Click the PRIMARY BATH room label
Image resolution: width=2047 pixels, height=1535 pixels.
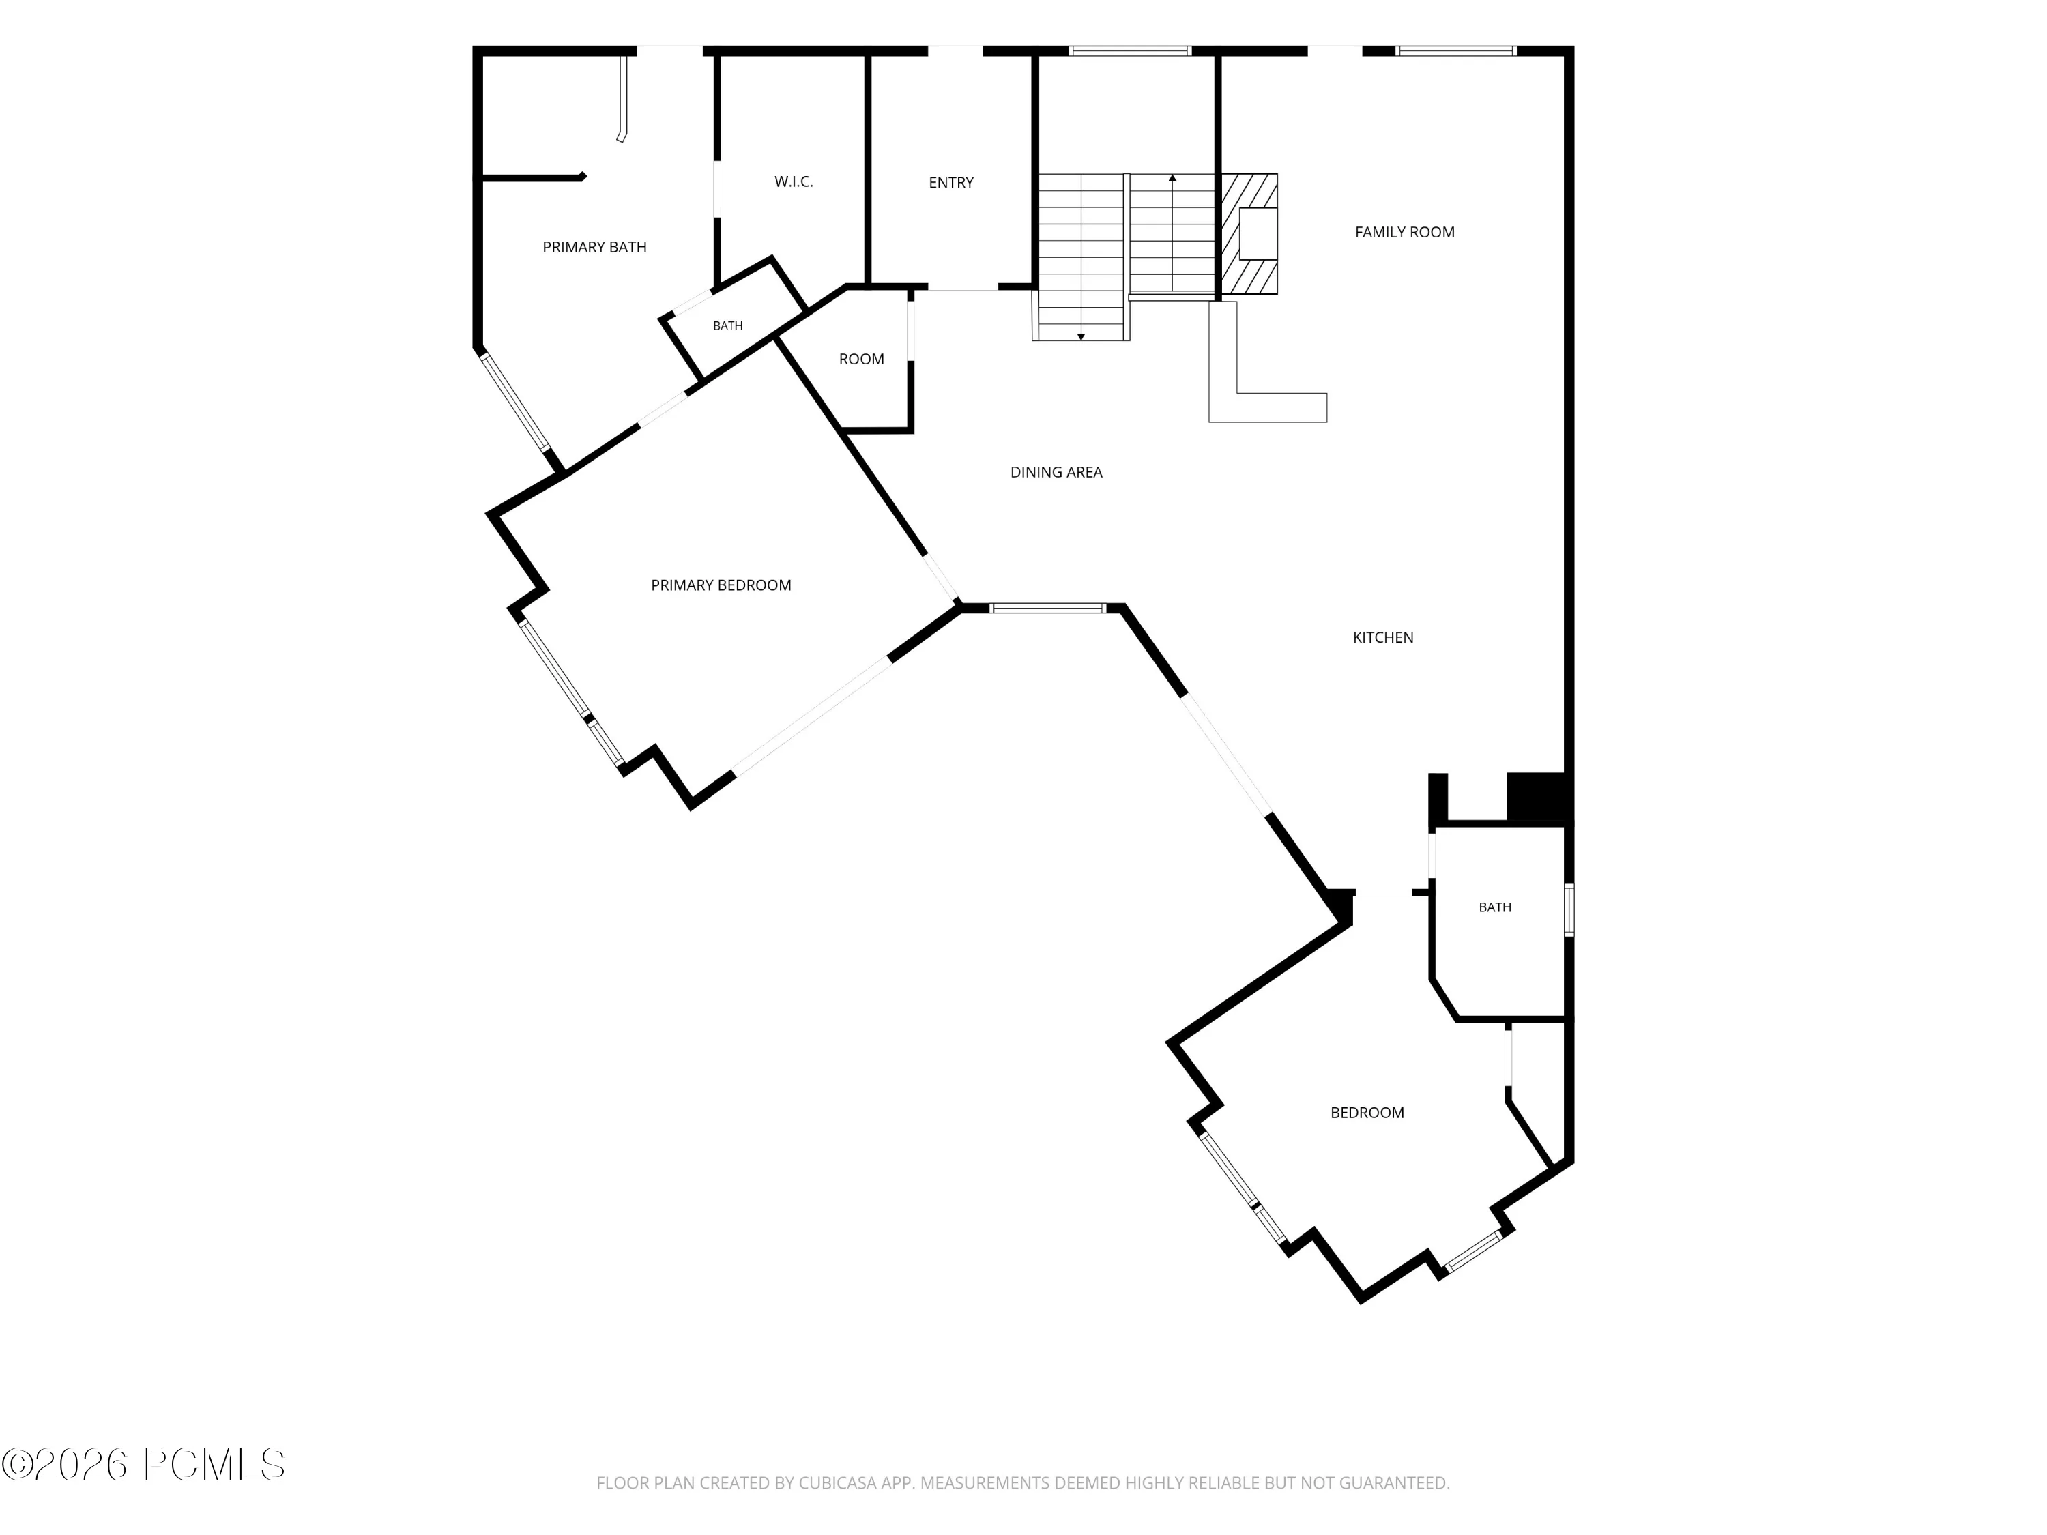[x=594, y=247]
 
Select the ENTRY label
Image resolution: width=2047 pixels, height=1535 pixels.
[x=951, y=182]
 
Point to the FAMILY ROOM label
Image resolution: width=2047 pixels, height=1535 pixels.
[x=1405, y=232]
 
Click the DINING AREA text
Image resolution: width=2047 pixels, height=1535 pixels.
[x=1056, y=472]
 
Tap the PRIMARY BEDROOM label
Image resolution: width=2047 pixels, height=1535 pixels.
[x=721, y=585]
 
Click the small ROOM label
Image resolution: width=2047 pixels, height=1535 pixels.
[x=862, y=359]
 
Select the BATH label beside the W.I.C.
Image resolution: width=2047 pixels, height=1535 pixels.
[x=727, y=325]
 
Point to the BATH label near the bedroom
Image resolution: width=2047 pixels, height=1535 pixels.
[x=1494, y=907]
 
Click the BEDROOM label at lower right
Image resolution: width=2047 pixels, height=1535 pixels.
[x=1367, y=1113]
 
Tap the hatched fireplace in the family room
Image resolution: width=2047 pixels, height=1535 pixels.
[x=1249, y=233]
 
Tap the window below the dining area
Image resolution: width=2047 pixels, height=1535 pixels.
[x=1047, y=608]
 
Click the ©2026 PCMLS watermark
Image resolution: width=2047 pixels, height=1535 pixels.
[x=143, y=1465]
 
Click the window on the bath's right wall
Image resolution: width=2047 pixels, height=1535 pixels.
[x=1569, y=909]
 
